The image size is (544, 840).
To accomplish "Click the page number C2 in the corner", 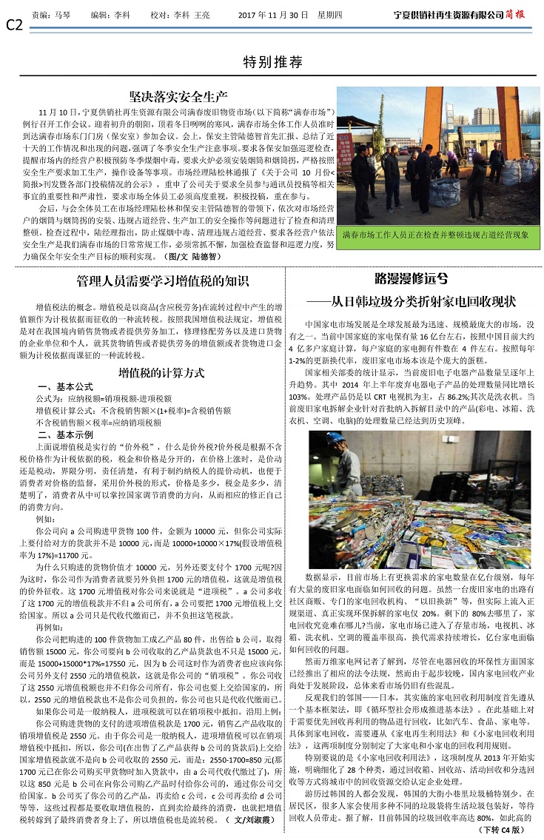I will pos(14,26).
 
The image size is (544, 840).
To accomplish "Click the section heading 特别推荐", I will pos(273,62).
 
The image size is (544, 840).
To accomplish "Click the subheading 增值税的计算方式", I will pos(162,373).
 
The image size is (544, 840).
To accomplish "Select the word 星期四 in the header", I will pos(343,14).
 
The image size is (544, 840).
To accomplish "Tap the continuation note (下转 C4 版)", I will pos(503,830).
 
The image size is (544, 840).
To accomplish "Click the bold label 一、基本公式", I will pos(65,387).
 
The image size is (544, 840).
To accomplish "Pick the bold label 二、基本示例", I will pos(65,434).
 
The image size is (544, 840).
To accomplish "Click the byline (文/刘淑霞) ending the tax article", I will pos(253,820).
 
